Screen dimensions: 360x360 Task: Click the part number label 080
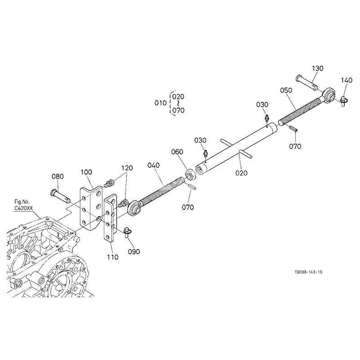click(58, 176)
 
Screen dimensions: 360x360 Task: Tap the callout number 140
click(346, 81)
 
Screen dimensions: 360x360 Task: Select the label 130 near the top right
click(318, 68)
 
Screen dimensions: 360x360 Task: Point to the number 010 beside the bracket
click(161, 103)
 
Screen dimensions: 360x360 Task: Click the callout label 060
click(177, 152)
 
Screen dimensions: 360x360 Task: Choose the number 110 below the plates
click(112, 257)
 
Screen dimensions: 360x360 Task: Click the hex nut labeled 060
click(190, 173)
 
